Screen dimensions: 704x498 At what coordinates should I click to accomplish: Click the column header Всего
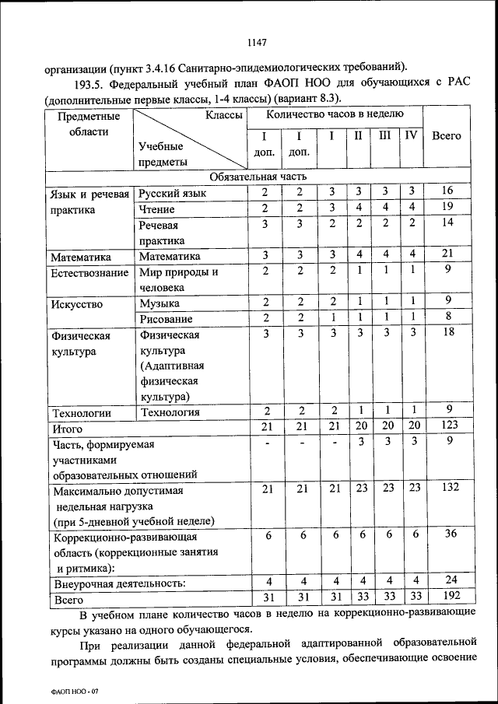[x=447, y=135]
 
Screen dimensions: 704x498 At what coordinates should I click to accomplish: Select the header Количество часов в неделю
[x=335, y=114]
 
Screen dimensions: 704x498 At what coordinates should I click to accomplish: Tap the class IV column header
[x=411, y=135]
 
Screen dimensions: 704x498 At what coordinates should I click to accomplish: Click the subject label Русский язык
[x=173, y=192]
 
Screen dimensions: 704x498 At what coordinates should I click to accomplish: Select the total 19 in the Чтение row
[x=447, y=208]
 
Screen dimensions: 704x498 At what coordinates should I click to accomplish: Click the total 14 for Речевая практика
[x=447, y=223]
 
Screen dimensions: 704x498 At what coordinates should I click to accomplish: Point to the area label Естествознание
[x=89, y=272]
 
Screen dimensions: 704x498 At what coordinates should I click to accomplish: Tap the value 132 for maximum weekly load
[x=447, y=489]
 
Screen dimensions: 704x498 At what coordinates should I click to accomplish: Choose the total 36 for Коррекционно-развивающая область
[x=447, y=535]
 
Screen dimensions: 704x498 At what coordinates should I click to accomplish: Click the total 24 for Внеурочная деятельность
[x=447, y=581]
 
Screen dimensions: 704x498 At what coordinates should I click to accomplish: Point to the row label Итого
[x=67, y=429]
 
